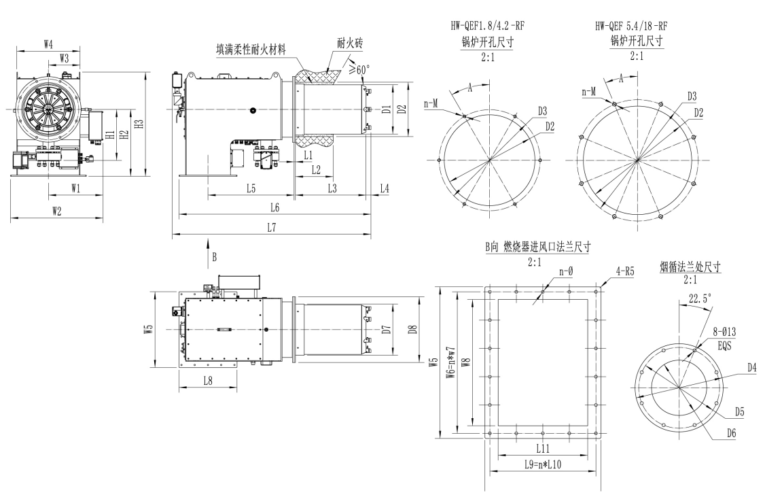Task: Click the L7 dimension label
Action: [x=271, y=228]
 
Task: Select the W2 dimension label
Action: [x=56, y=211]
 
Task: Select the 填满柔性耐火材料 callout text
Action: [x=247, y=50]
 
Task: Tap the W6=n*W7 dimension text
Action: [x=449, y=364]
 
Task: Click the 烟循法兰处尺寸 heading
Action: [x=690, y=267]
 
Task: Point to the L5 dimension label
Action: [x=251, y=188]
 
